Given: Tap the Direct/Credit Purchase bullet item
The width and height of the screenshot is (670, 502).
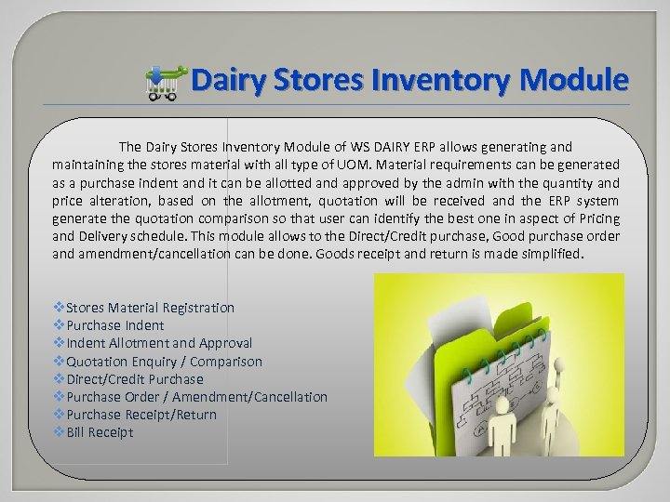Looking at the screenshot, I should point(134,379).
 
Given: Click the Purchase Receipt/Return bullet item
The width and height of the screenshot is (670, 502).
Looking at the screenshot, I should point(141,415).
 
